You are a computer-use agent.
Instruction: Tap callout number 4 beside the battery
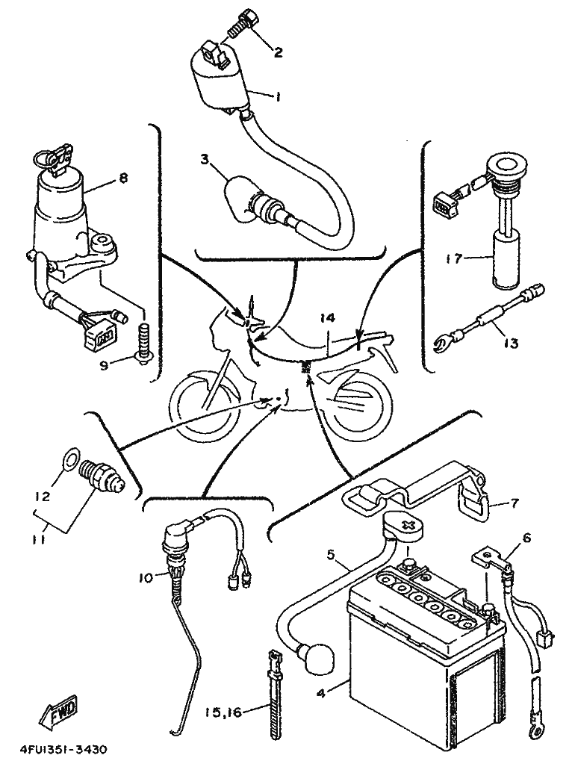click(x=320, y=692)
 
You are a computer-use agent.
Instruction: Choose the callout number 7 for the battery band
click(x=515, y=502)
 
